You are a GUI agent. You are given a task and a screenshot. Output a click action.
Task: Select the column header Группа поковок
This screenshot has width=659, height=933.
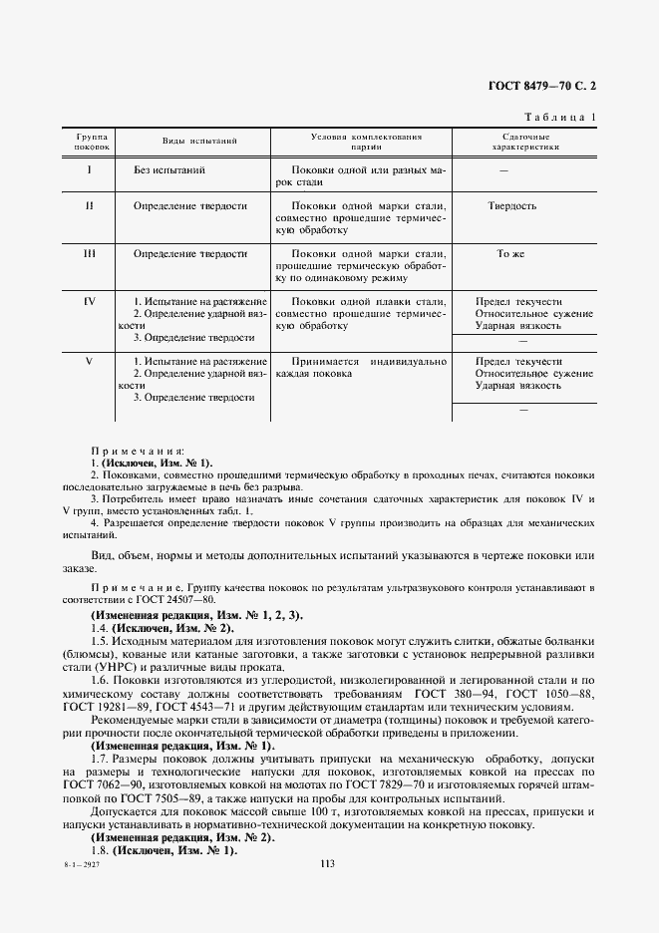(x=91, y=142)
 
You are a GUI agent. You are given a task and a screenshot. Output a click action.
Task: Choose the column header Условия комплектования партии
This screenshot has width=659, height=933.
(x=367, y=142)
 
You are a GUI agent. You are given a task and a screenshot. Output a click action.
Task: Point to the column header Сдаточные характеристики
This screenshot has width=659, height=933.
(x=525, y=142)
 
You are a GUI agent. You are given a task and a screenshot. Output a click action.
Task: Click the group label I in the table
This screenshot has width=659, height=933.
(x=90, y=170)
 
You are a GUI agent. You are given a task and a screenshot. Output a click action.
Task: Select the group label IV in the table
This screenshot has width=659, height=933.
(x=90, y=300)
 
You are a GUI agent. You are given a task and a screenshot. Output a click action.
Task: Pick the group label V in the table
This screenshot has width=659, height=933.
(x=90, y=361)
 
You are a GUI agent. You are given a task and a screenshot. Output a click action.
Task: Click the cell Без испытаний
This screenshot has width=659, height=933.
(x=169, y=170)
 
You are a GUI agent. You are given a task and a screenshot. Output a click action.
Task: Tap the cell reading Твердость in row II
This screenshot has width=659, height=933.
(x=511, y=206)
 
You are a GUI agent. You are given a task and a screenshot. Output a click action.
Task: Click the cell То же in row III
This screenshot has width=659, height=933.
(x=510, y=254)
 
